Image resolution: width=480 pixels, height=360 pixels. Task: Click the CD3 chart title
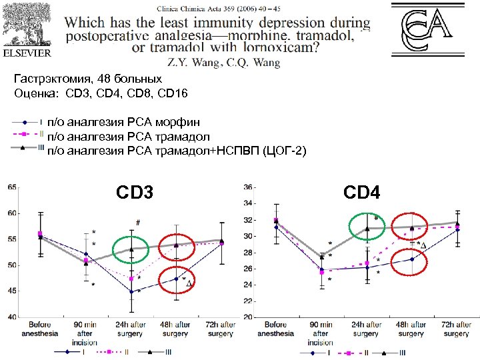pos(135,193)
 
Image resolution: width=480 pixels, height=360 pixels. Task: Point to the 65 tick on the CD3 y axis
pos(12,188)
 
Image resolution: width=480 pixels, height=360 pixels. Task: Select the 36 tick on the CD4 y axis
pos(247,187)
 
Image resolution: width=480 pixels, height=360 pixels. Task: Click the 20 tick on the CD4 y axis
pos(247,317)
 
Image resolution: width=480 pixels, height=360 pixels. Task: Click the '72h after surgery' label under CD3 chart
pos(221,329)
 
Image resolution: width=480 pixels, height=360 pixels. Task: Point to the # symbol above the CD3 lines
pos(137,222)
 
